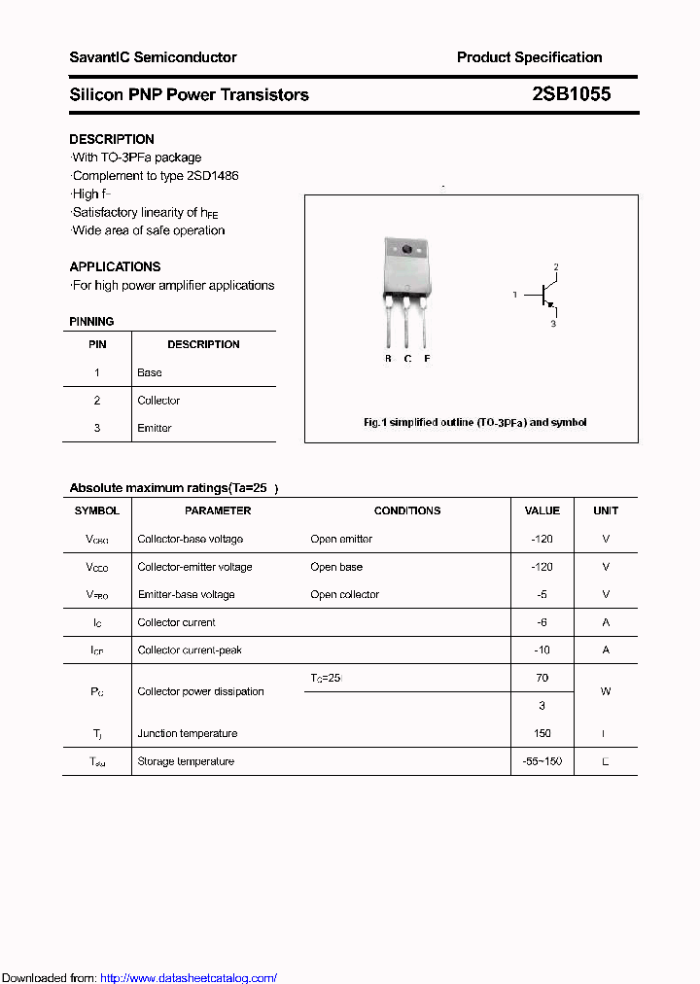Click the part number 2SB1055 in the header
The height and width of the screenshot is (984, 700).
click(571, 94)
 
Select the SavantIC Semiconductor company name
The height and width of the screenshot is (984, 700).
click(153, 57)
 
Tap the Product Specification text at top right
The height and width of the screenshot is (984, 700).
click(529, 57)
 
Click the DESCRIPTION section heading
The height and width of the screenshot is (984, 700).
click(112, 139)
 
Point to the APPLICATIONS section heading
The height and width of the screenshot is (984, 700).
click(115, 266)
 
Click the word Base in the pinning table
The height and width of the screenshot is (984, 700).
click(150, 372)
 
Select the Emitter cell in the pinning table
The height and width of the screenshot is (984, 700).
click(155, 428)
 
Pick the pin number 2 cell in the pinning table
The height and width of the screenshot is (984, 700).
click(97, 401)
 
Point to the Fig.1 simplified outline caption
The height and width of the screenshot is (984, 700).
click(474, 423)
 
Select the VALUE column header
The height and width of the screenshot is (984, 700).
click(542, 510)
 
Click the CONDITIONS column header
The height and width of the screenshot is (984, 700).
click(407, 510)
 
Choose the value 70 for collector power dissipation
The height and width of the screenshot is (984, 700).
click(542, 678)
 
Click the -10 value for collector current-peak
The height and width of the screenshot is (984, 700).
click(542, 650)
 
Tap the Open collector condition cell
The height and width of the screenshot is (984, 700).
click(345, 594)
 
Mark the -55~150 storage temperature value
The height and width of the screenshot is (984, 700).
click(542, 761)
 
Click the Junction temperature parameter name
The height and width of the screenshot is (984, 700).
click(188, 733)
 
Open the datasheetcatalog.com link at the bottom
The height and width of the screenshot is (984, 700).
click(189, 978)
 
